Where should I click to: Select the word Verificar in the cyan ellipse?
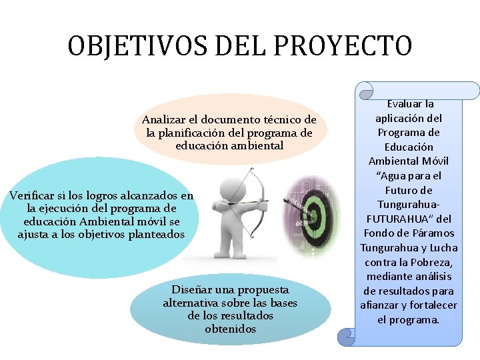point(31,196)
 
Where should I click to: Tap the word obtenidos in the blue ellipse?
point(230,329)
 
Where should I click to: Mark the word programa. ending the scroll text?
point(419,319)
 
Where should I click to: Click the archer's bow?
point(257,193)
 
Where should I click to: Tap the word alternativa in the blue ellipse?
point(189,303)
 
